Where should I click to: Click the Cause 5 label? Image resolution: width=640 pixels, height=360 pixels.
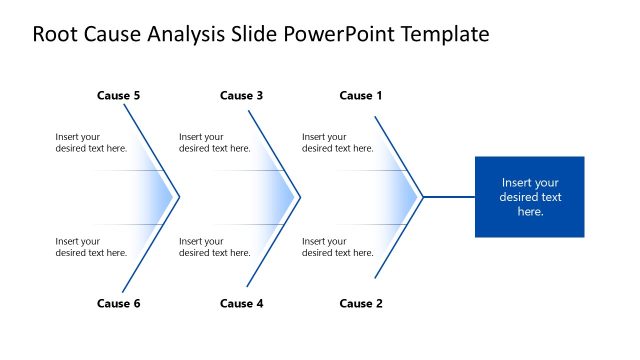coord(118,96)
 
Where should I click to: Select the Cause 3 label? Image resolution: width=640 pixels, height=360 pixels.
coord(241,96)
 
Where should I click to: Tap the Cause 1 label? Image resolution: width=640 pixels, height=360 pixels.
coord(361,96)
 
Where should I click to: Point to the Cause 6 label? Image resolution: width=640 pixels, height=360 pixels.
coord(118,304)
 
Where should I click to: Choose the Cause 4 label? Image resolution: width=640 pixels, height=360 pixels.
coord(241,304)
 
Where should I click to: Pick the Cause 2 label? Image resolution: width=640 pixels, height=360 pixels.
coord(361,304)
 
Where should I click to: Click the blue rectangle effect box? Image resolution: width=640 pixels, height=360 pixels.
coord(529,197)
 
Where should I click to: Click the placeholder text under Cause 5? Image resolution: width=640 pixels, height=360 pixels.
coord(91,143)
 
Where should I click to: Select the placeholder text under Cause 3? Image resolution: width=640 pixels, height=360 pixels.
coord(214,143)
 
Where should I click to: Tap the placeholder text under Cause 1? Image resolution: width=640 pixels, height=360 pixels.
coord(337,143)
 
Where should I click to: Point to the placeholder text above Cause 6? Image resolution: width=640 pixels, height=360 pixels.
coord(91,247)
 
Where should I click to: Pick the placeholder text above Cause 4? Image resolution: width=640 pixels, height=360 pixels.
coord(214,247)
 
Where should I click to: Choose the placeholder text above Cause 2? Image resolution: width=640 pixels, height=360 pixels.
coord(337,247)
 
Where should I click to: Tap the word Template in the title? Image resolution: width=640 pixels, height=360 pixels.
coord(445,35)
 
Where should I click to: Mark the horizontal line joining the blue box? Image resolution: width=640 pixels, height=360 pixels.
coord(448,197)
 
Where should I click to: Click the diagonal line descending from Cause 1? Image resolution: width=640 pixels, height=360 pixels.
coord(399,156)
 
